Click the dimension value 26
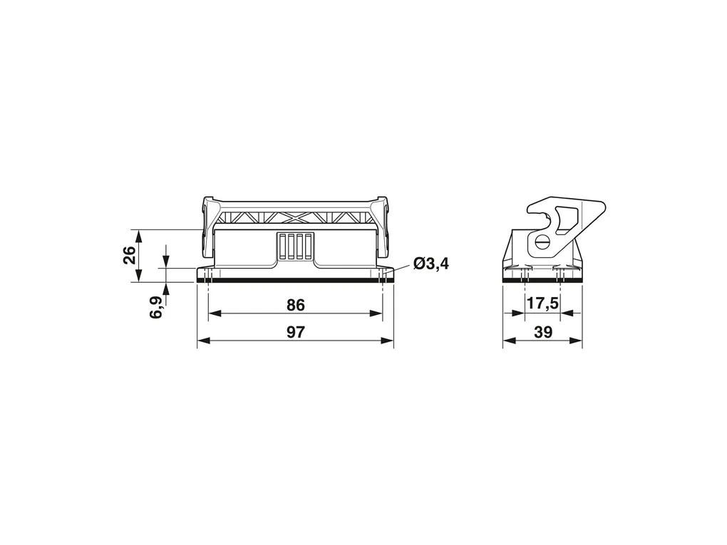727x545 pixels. point(129,255)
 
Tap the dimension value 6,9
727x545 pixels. point(156,307)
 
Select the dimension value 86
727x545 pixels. point(295,306)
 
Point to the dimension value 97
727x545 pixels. point(295,332)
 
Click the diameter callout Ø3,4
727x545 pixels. point(431,264)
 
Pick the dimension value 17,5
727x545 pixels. point(542,304)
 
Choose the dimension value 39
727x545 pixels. point(543,332)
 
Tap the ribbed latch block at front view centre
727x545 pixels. point(295,247)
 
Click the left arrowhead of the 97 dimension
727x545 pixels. point(204,341)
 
